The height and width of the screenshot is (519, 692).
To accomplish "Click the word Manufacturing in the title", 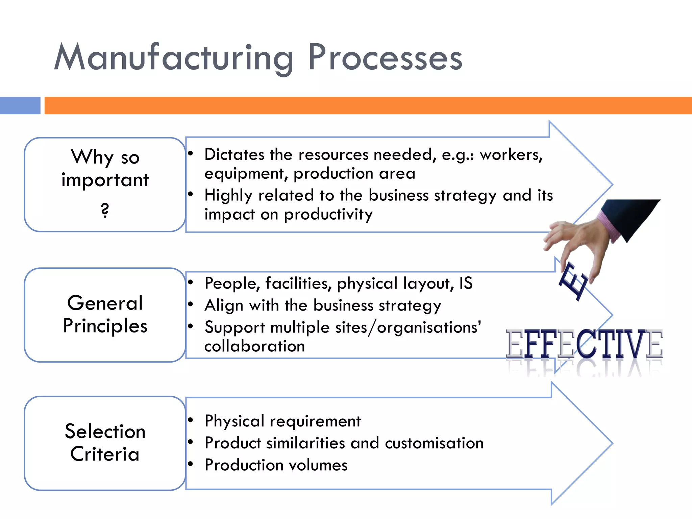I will [174, 57].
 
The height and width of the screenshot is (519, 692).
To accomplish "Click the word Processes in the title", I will [385, 57].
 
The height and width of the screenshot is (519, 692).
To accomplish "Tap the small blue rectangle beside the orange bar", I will [20, 105].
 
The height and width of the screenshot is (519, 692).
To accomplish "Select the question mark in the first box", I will [105, 210].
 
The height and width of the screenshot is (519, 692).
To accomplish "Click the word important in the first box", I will [105, 180].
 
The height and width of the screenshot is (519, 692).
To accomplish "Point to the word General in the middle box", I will [105, 303].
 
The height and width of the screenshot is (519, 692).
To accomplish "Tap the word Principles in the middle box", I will [105, 326].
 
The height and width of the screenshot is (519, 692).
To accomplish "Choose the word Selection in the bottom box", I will [105, 431].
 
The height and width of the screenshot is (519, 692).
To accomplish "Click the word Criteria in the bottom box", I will [105, 454].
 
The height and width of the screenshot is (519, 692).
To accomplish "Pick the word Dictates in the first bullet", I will [234, 155].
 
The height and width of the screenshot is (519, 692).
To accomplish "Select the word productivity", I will [328, 215].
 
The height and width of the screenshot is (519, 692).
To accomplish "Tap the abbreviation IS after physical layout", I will [466, 283].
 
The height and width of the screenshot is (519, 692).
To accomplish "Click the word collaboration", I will [255, 346].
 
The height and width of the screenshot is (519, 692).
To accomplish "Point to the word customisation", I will [434, 443].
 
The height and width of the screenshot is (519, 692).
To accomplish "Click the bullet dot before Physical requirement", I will [191, 420].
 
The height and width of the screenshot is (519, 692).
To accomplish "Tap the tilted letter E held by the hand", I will [573, 281].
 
